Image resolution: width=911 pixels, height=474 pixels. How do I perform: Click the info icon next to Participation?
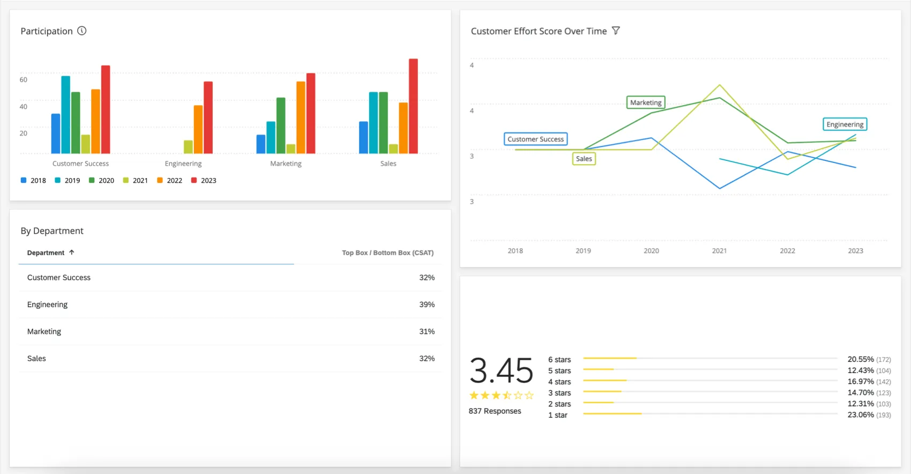82,31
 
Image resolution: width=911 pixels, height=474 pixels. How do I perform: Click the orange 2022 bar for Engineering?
198,129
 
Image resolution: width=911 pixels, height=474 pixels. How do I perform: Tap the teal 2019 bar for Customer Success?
65,115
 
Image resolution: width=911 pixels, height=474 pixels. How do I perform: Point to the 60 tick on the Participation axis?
23,79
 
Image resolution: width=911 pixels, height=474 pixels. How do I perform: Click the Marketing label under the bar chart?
286,164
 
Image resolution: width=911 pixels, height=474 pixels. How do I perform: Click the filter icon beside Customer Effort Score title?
616,31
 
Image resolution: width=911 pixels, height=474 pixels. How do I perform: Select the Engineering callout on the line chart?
845,124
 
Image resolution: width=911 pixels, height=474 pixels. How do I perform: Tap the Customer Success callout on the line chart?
535,139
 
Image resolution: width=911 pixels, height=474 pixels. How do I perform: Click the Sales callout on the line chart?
584,159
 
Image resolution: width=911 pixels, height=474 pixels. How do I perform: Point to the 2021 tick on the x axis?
719,250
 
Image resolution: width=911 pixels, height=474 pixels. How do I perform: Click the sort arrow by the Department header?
71,252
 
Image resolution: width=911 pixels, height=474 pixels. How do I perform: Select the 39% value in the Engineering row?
427,305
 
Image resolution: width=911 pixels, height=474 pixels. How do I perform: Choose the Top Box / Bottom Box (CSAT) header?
387,253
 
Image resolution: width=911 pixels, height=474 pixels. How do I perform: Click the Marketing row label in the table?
44,331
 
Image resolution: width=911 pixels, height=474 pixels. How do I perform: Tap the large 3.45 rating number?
501,371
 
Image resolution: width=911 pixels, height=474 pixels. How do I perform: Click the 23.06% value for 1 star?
860,414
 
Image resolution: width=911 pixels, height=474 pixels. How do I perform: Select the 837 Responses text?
495,411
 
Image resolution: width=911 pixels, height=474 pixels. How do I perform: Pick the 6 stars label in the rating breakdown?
559,359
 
